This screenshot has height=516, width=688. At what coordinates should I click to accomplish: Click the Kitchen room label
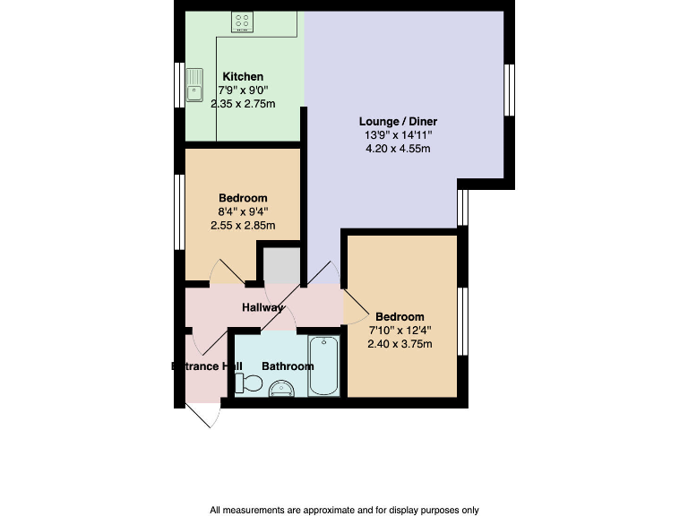[243, 77]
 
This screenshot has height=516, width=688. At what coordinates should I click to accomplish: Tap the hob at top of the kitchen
[243, 21]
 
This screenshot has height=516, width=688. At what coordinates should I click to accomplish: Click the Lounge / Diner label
[398, 122]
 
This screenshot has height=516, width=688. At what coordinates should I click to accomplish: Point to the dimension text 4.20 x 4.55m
[398, 149]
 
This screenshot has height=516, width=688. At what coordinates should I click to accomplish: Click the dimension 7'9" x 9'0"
[243, 90]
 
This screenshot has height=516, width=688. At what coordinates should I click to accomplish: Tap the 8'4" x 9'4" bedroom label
[243, 211]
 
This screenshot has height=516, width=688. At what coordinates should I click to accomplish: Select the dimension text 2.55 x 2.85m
[243, 225]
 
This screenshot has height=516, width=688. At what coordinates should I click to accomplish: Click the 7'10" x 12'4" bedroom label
[400, 330]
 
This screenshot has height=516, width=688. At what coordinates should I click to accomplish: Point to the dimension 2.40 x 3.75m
[400, 343]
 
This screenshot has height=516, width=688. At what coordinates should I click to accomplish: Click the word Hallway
[263, 307]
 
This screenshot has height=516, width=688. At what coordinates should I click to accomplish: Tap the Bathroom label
[288, 366]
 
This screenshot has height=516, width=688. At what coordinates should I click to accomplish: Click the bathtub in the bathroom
[323, 366]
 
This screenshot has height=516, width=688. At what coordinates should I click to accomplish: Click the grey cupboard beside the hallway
[279, 266]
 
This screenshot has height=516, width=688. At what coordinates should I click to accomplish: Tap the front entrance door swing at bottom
[205, 415]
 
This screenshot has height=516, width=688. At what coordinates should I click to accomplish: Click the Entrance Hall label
[207, 366]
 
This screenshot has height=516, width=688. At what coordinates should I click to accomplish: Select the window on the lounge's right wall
[509, 90]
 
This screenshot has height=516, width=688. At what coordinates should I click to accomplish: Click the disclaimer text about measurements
[344, 510]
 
